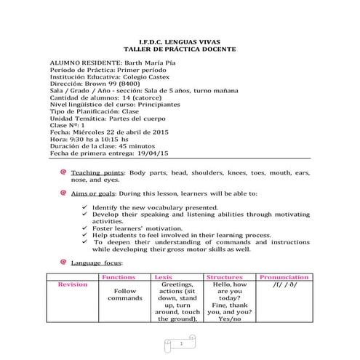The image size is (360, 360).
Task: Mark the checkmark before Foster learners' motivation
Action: [87, 228]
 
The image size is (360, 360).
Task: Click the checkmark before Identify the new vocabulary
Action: [87, 207]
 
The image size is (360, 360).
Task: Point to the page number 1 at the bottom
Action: [180, 342]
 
